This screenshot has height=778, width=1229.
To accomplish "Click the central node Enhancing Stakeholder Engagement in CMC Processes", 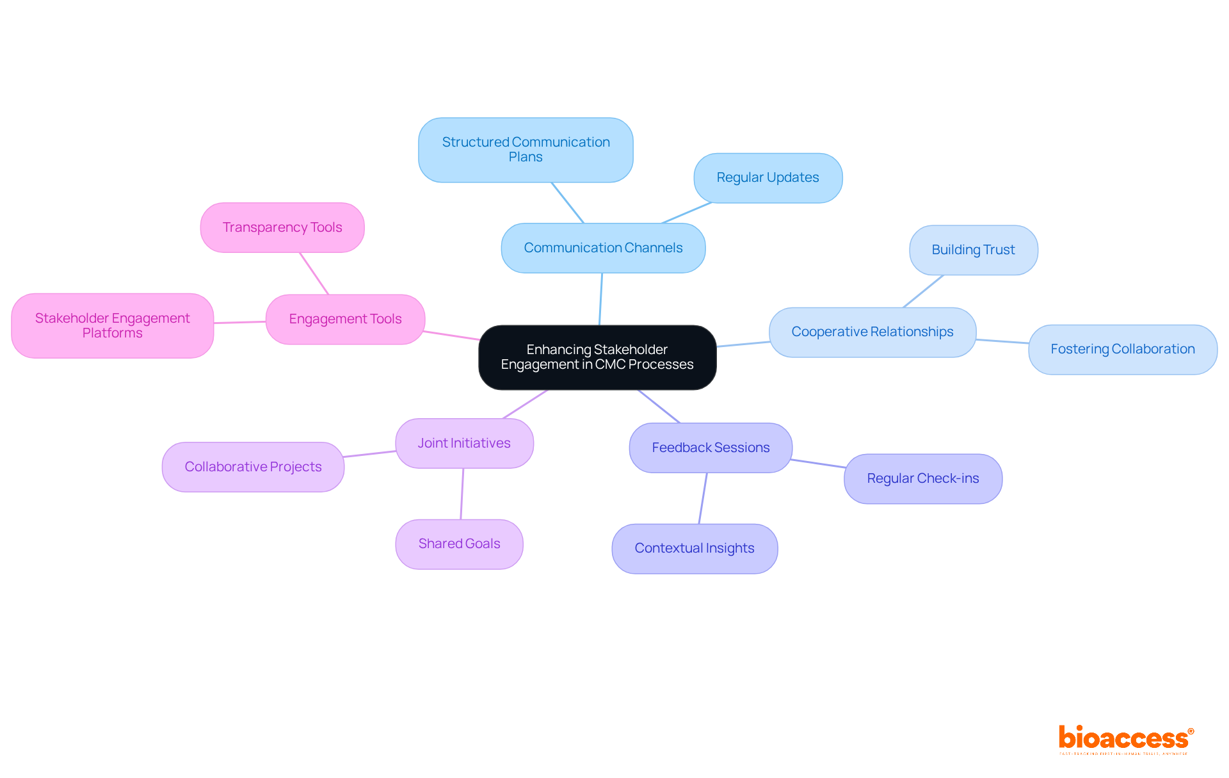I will [x=597, y=357].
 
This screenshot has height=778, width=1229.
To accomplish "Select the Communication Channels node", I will [x=603, y=248].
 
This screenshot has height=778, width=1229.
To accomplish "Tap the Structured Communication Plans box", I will [x=526, y=150].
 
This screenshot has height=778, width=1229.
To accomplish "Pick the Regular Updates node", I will [x=767, y=178].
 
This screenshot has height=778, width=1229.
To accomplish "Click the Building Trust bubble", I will [x=973, y=250].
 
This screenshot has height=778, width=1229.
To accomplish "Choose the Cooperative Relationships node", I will [x=872, y=332].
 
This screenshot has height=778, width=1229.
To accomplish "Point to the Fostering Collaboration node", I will [x=1122, y=349].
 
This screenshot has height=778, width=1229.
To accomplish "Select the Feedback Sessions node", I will [x=711, y=448].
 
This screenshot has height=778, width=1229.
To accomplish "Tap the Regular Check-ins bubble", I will [x=922, y=478].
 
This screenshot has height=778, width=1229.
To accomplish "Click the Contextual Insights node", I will [x=695, y=548].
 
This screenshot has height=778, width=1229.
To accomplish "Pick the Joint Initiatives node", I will [x=464, y=443].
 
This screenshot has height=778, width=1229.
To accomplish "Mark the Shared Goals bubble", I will [x=459, y=544].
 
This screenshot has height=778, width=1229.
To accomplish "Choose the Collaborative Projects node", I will [x=253, y=467].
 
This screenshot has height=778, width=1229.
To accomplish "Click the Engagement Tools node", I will [x=345, y=319].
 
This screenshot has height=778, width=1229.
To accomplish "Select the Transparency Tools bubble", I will [x=282, y=227].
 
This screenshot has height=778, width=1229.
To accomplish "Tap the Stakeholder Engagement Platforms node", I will [x=112, y=325].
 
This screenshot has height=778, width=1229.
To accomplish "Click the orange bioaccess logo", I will [x=1125, y=739].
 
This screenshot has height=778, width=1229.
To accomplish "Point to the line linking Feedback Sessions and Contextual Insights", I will [x=703, y=498].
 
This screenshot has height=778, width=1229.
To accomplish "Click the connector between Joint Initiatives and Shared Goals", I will [x=462, y=494].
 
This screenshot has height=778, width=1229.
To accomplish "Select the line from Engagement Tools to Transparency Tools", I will [x=314, y=273].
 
